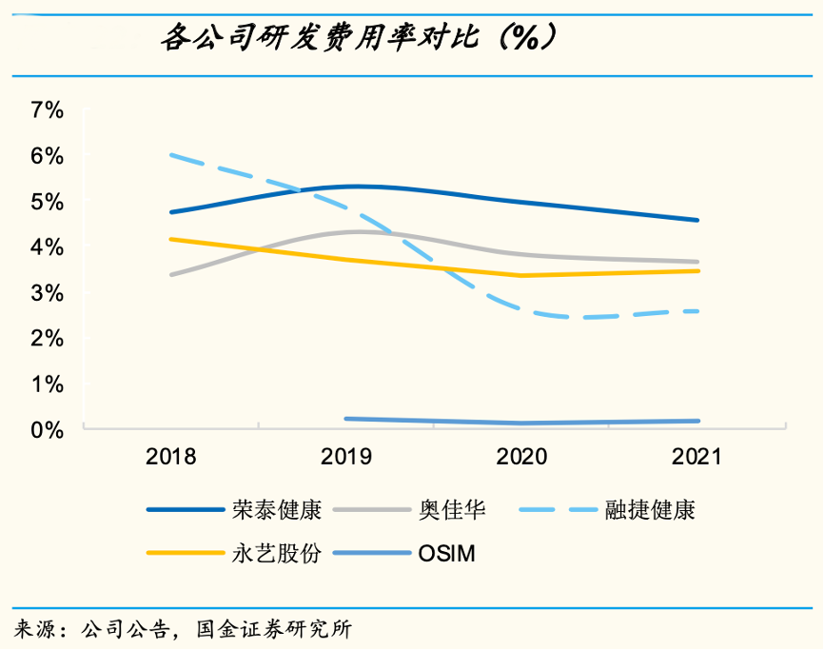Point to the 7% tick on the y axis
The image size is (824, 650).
click(x=47, y=110)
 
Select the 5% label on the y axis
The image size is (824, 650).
click(x=47, y=202)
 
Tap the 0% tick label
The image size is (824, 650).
click(x=47, y=430)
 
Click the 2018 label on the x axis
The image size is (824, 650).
click(x=171, y=457)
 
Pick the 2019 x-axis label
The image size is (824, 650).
click(x=346, y=457)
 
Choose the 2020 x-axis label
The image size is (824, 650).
click(x=522, y=457)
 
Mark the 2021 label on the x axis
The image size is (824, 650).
click(x=697, y=457)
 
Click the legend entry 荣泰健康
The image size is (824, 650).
click(x=277, y=510)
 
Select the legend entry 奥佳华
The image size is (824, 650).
click(x=452, y=510)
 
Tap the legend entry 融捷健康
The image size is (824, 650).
click(x=650, y=510)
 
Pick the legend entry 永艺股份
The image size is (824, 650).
click(x=277, y=552)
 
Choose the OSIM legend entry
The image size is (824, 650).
click(x=446, y=552)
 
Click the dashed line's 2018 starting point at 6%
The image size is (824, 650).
click(x=171, y=154)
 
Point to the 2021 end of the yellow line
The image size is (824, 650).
click(x=697, y=271)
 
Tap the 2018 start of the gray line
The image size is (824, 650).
click(x=171, y=274)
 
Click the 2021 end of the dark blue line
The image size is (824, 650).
click(x=697, y=220)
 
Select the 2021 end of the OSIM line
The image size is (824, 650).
click(x=697, y=421)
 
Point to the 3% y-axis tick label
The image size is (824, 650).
click(x=47, y=293)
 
